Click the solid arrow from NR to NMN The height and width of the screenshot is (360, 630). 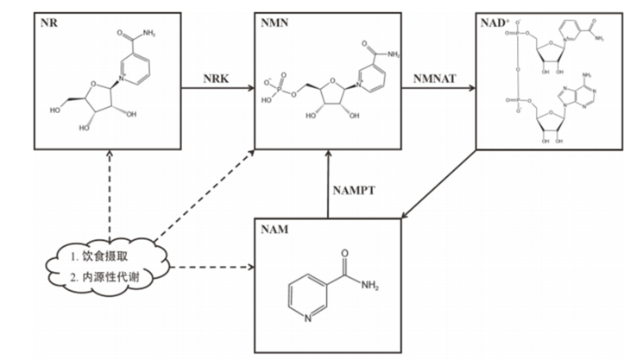216,87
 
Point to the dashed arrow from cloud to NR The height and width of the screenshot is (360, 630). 110,190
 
